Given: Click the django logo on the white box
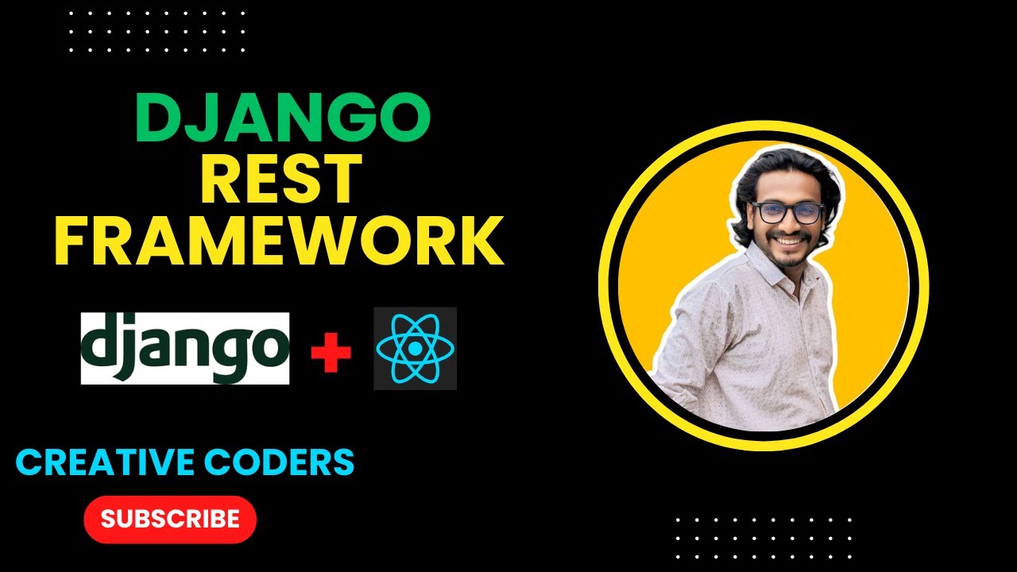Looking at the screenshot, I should [185, 348].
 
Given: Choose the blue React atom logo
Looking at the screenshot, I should [415, 348].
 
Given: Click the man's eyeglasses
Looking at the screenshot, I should [787, 212].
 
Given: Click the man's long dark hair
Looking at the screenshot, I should [747, 191].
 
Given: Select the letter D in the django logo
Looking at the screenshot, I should [99, 343].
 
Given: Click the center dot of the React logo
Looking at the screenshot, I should [415, 349].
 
